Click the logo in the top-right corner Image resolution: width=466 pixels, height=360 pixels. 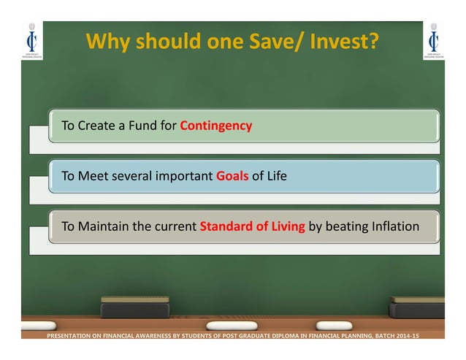(x=434, y=41)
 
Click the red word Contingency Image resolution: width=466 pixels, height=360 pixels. (x=215, y=126)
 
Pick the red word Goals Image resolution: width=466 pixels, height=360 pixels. (x=232, y=176)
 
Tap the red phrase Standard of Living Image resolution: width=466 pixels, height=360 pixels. (x=252, y=226)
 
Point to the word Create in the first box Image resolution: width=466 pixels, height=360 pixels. (x=96, y=126)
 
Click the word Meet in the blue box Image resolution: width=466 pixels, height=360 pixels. (x=93, y=176)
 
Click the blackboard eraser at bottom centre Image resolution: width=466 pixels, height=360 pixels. (x=134, y=307)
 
